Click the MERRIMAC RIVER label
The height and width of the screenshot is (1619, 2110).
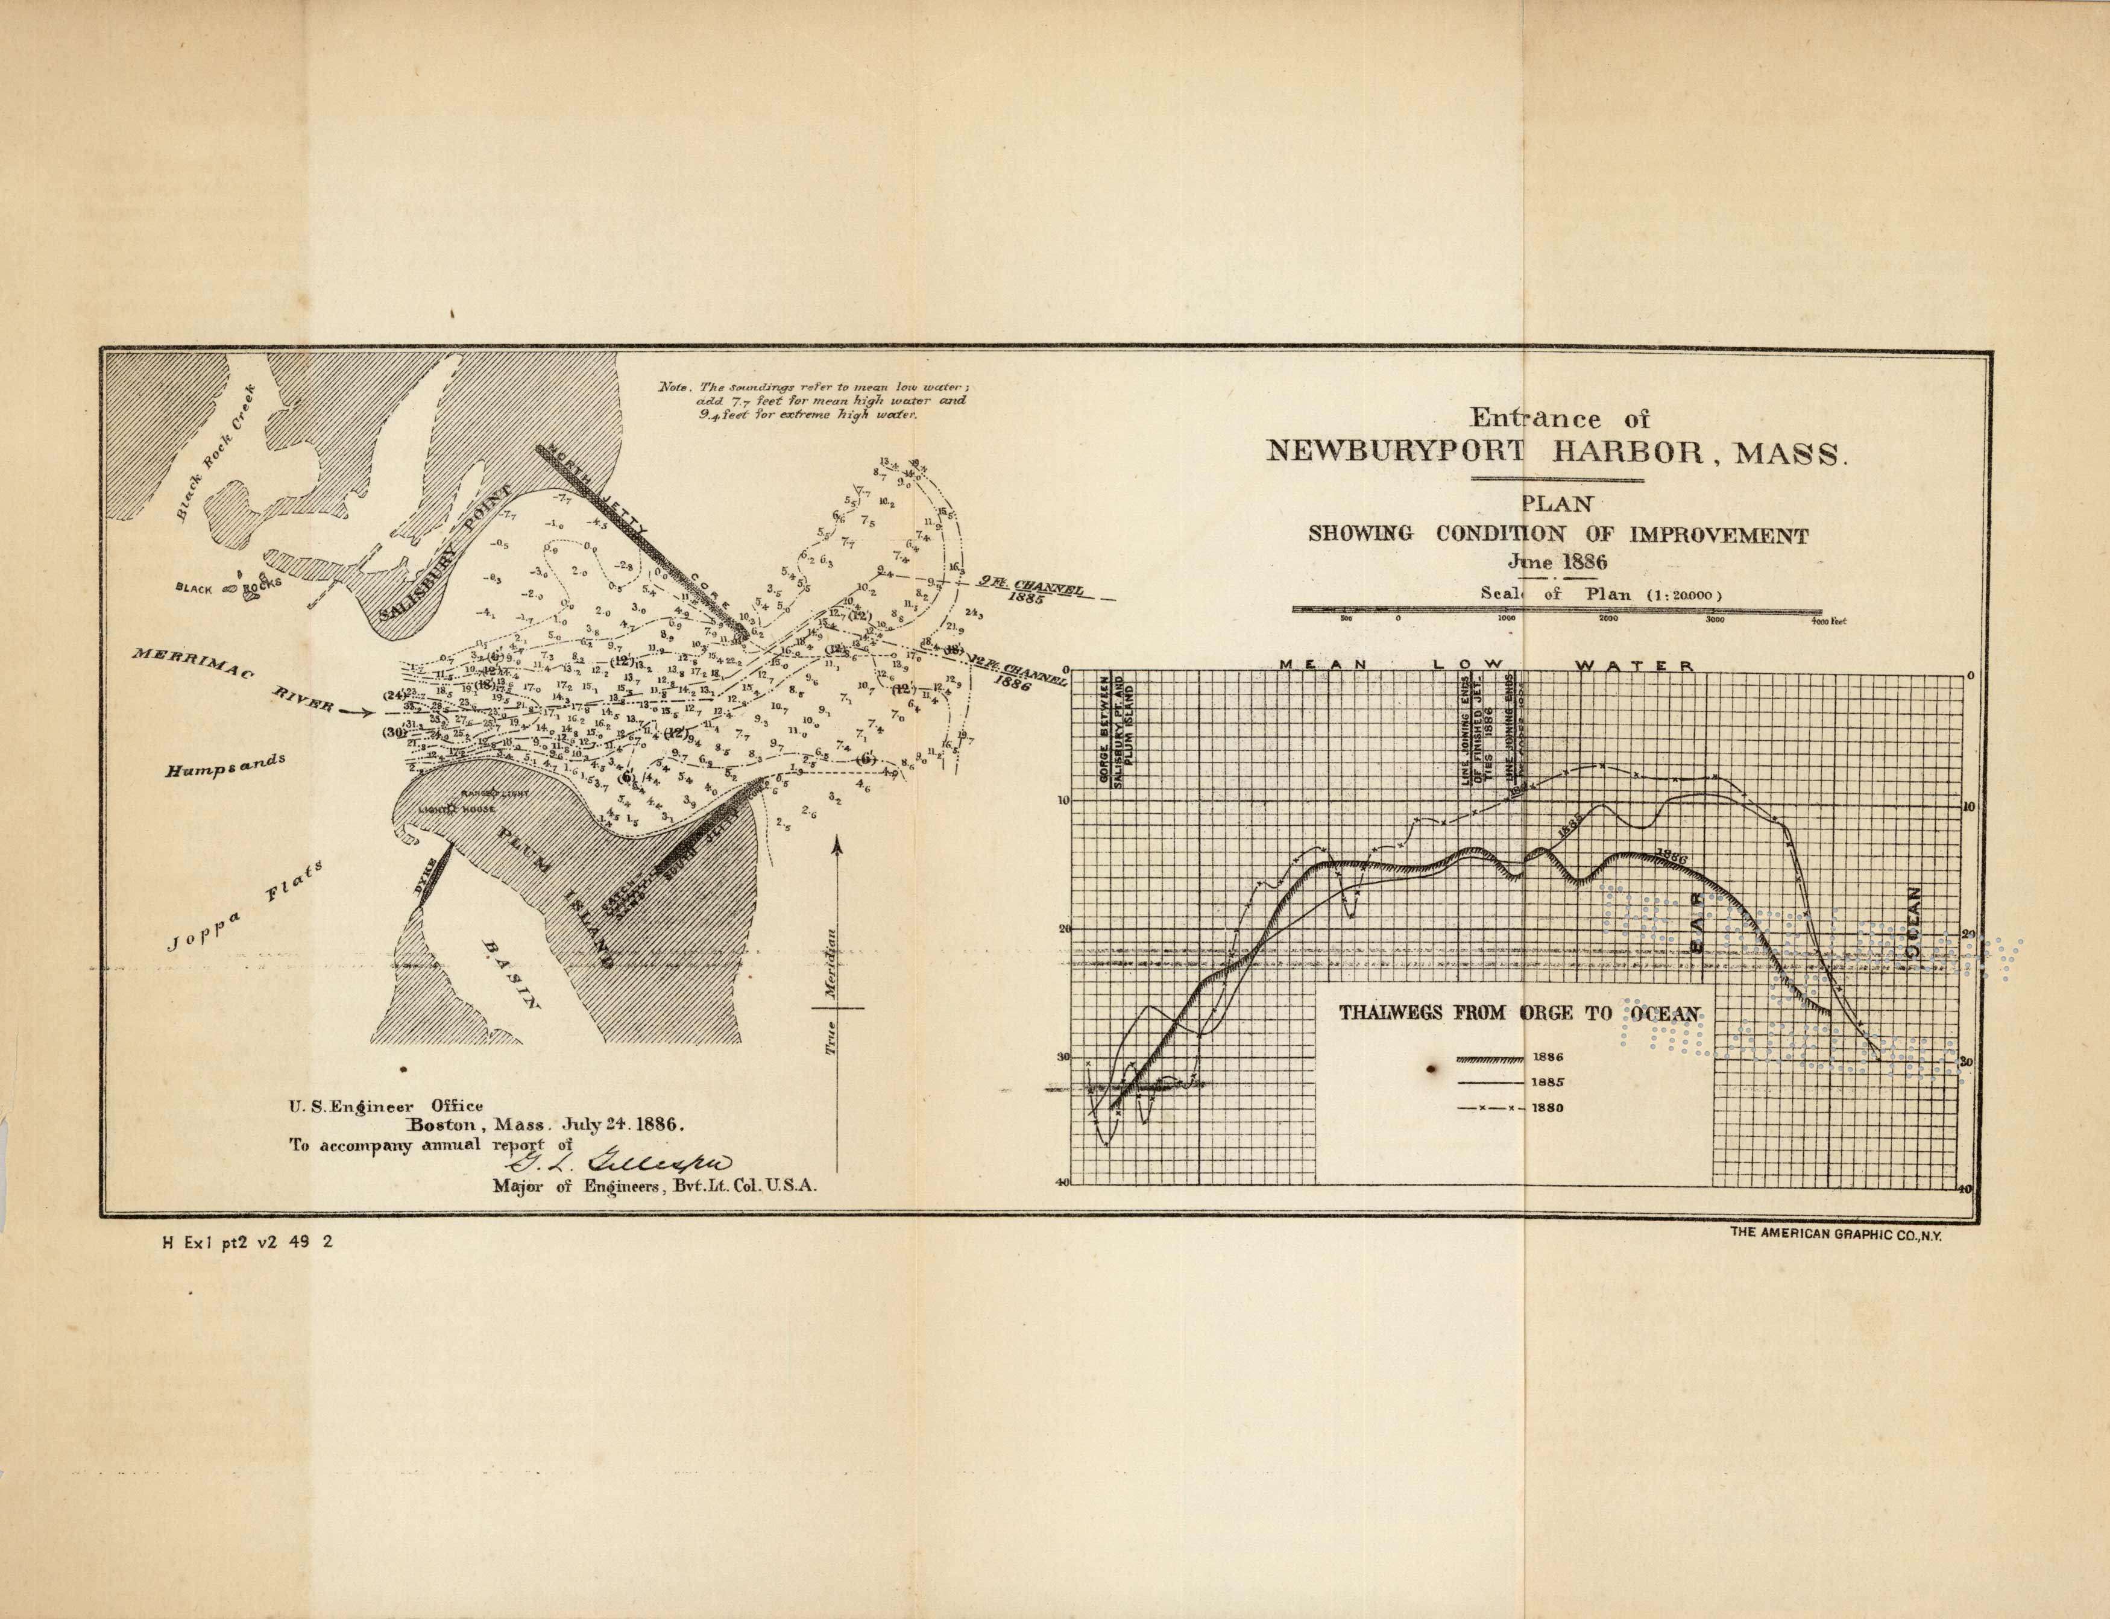coord(231,679)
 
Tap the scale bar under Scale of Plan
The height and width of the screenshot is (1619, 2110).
coord(1556,610)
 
